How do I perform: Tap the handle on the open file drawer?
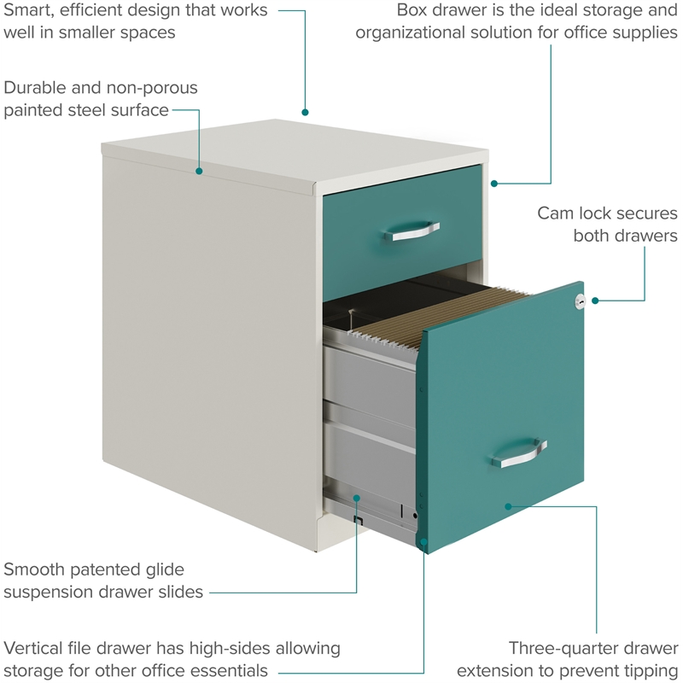(518, 454)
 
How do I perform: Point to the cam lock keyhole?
(581, 301)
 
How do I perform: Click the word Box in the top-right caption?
(415, 11)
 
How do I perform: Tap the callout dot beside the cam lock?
(595, 301)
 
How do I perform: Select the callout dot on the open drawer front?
(509, 505)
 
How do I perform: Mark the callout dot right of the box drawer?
(494, 183)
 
